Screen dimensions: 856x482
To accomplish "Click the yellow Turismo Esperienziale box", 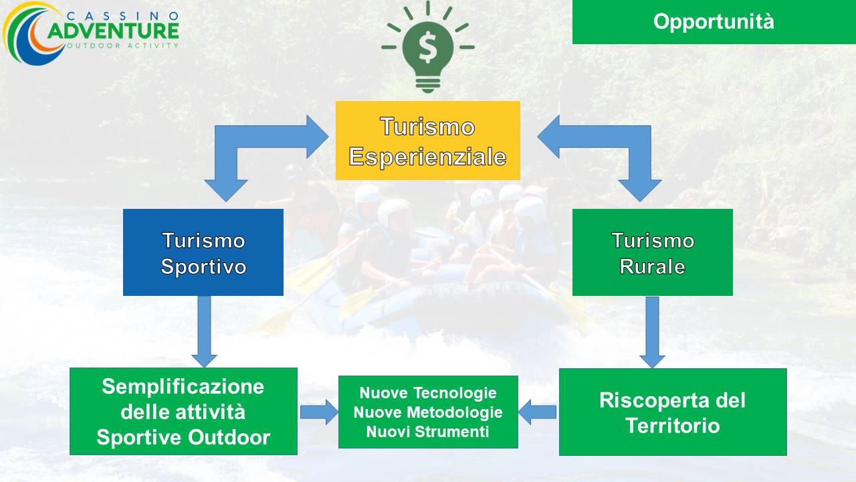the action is (x=427, y=141).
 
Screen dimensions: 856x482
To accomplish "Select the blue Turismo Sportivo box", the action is (x=203, y=252).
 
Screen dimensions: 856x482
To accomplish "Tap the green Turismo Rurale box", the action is (x=652, y=252).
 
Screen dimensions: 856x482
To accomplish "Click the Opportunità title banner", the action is (x=714, y=22).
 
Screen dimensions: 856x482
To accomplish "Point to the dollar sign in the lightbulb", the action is (x=427, y=47).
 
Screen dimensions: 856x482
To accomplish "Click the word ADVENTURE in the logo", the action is (x=113, y=31).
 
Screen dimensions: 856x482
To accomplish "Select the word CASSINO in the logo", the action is (x=122, y=15).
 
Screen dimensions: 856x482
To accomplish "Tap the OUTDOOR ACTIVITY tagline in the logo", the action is (x=122, y=46).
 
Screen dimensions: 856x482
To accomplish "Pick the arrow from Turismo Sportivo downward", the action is (x=204, y=331).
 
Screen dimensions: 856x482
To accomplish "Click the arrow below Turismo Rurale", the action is (x=652, y=332).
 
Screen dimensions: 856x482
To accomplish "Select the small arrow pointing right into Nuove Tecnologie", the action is (x=319, y=412).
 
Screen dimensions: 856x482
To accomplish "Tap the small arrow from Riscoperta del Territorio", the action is (x=537, y=412).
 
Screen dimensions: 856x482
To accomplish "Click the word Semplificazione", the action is (x=183, y=386).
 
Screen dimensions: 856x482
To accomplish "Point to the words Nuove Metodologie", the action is (x=428, y=412).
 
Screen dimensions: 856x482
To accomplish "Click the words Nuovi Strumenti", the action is (x=427, y=432).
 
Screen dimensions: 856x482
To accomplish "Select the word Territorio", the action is (x=673, y=425).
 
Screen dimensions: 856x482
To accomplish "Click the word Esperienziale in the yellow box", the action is (x=427, y=157).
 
